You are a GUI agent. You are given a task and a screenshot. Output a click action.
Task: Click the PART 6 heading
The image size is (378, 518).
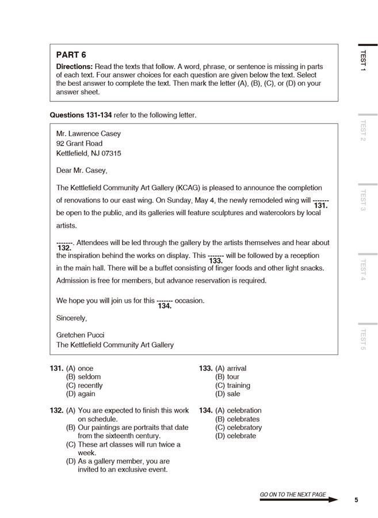point(71,55)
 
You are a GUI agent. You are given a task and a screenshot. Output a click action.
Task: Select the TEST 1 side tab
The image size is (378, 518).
point(362,60)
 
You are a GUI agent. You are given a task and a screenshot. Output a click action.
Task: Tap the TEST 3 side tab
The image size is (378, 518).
point(362,200)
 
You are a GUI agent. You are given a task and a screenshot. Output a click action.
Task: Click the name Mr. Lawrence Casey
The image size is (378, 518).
point(89,134)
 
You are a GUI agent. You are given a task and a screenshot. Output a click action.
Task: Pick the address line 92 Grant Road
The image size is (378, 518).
point(79,143)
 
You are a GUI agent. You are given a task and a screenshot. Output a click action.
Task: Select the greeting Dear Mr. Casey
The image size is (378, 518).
point(82,170)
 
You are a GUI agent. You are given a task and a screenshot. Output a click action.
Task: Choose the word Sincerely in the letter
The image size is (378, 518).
point(71,318)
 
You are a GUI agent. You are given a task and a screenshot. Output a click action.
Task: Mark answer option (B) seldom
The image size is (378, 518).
point(83,377)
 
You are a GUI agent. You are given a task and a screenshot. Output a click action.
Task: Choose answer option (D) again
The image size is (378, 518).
point(81,394)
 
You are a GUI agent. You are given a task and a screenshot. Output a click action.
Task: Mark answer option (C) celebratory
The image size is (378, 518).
point(238,428)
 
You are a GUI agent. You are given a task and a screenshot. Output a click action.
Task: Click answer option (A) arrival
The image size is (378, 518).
point(231,368)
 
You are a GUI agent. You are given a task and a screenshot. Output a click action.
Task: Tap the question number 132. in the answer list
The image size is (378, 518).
point(56,410)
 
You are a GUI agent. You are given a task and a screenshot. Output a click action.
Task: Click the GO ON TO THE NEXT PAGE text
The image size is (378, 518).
point(293,494)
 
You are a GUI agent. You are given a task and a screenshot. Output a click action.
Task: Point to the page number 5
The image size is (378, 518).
point(356,500)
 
